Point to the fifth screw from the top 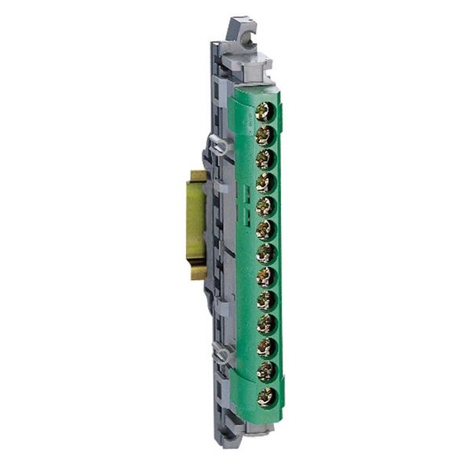point(265,206)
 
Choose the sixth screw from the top point(265,230)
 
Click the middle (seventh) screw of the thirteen point(265,254)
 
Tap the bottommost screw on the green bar point(265,396)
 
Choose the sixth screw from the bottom point(265,277)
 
